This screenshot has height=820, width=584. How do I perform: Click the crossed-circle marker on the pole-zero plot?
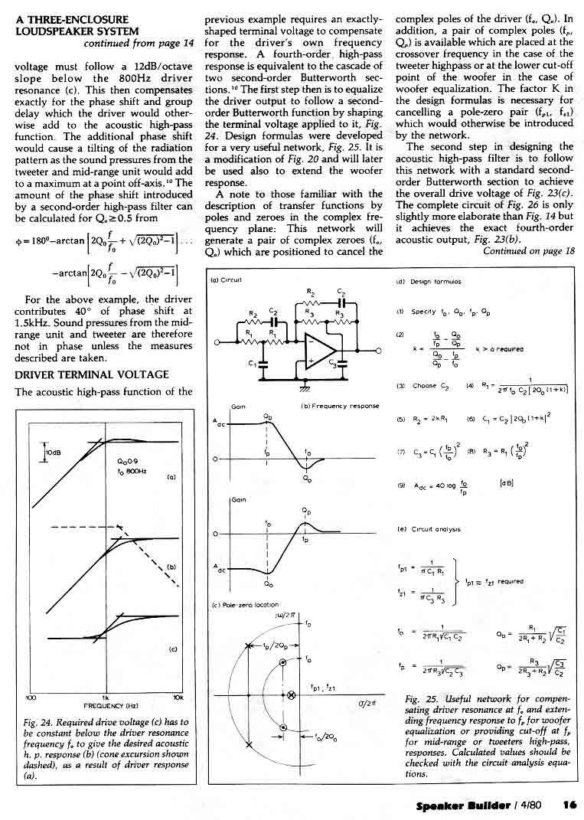point(291,694)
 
